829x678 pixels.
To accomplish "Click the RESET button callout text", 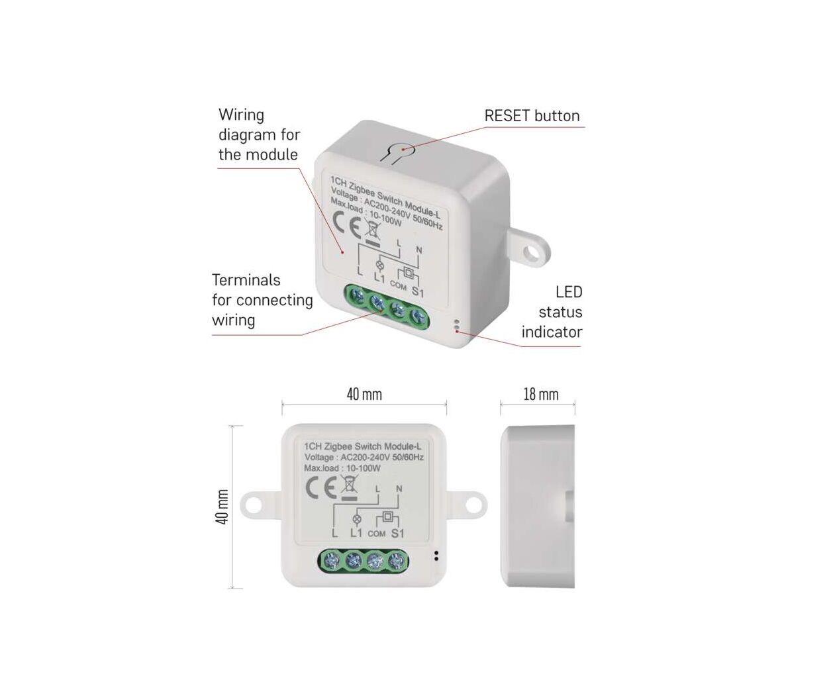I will click(532, 116).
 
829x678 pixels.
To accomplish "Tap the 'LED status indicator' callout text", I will click(552, 312).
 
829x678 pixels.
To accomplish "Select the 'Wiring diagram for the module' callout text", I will click(259, 135).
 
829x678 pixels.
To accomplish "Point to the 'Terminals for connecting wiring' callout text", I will click(262, 300).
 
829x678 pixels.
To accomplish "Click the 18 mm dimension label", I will click(540, 395).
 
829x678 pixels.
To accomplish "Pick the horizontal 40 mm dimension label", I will click(364, 395).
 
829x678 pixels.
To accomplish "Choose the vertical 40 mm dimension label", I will click(222, 507).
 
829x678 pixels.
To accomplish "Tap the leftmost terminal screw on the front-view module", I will click(331, 561).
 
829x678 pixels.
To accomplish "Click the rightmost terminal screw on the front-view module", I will click(396, 561).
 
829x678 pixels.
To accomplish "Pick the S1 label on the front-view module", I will click(397, 533).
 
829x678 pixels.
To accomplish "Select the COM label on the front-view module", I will click(376, 534).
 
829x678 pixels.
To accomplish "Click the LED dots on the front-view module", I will click(436, 556).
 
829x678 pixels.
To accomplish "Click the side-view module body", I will click(536, 507).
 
